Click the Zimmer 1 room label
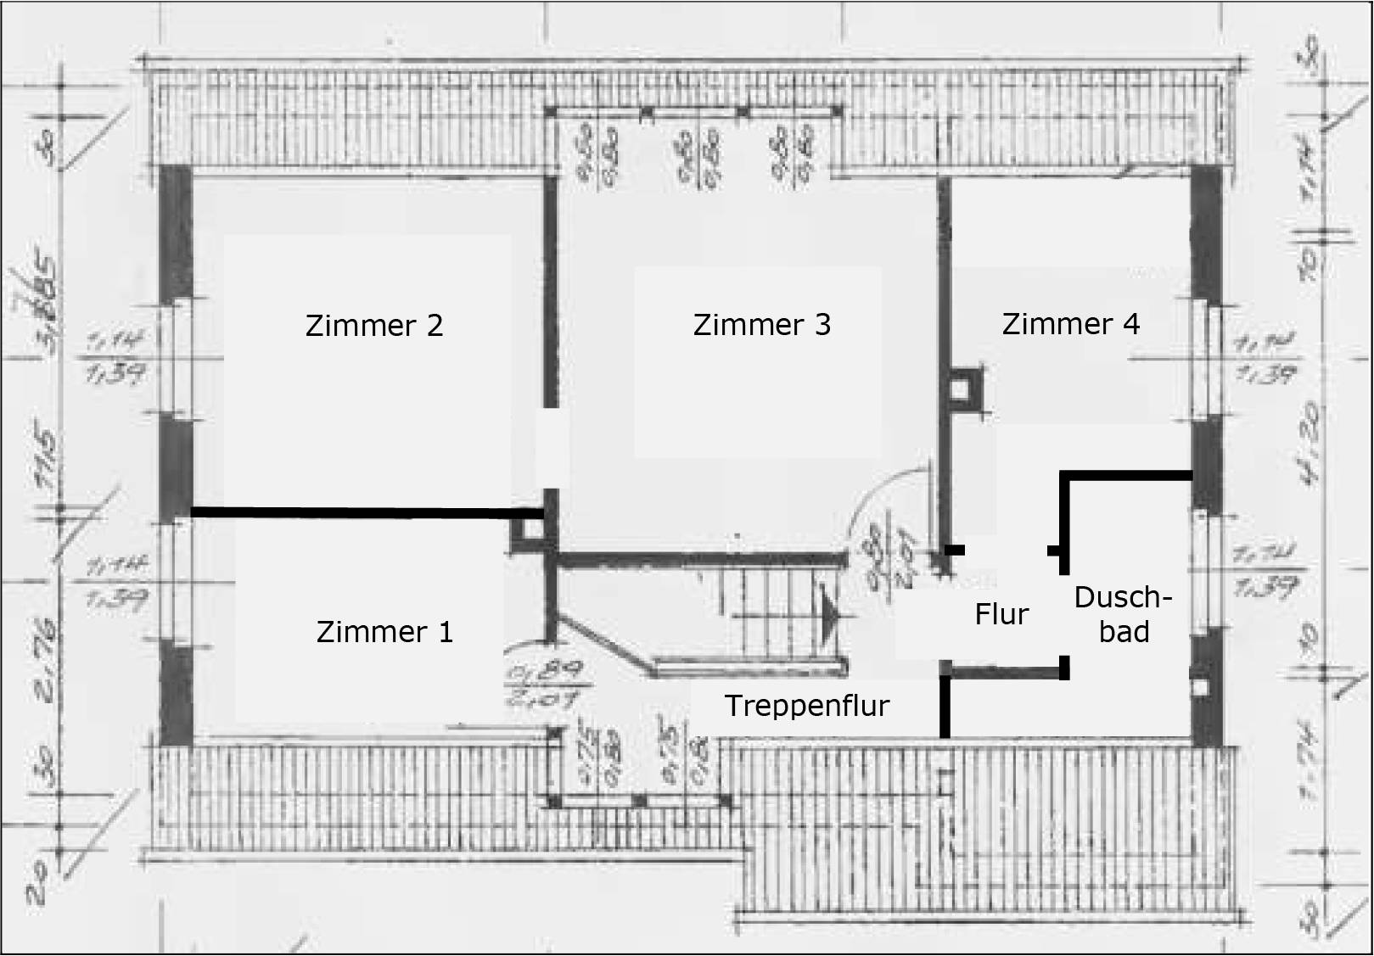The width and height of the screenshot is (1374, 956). tap(384, 632)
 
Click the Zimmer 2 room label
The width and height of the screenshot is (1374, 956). tap(373, 326)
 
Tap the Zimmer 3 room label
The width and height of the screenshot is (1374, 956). tap(761, 325)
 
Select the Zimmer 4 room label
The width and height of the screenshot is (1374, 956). tap(1070, 324)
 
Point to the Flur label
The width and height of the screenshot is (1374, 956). tap(1001, 614)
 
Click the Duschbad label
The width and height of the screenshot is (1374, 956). tap(1123, 614)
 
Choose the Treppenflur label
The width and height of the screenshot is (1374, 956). tap(806, 706)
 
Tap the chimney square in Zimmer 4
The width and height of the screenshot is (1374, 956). tap(959, 389)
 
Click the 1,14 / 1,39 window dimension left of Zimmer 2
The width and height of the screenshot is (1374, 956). tap(116, 356)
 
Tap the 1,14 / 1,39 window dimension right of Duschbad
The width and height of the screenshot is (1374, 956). tap(1265, 570)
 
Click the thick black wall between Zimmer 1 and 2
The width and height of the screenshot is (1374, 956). tap(365, 512)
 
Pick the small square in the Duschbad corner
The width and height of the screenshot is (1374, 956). tap(1200, 686)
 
